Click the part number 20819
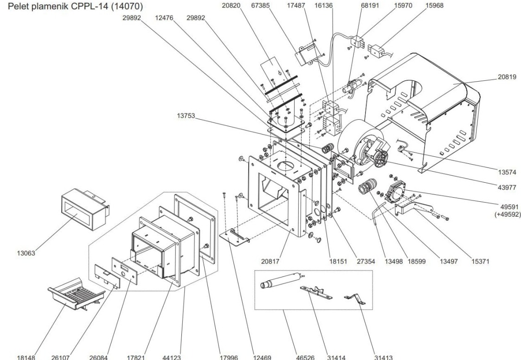(507, 77)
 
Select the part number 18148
(26, 357)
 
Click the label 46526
(305, 357)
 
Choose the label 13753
(186, 116)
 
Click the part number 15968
(435, 6)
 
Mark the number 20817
(270, 261)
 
